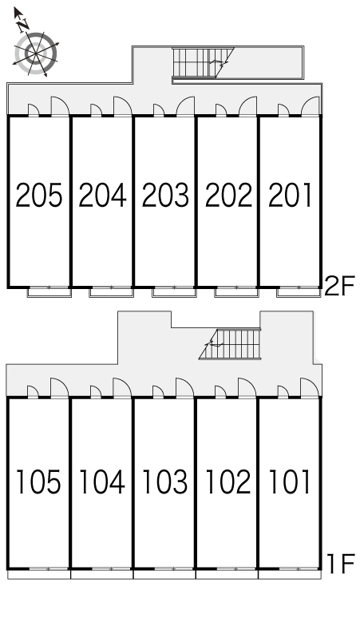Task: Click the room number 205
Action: pyautogui.click(x=39, y=195)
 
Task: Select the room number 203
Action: pyautogui.click(x=165, y=195)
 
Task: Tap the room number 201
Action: pyautogui.click(x=291, y=195)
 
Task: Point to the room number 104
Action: pyautogui.click(x=102, y=481)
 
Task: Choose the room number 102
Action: pyautogui.click(x=228, y=481)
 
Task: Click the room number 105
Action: pyautogui.click(x=38, y=481)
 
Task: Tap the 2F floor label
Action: pyautogui.click(x=339, y=286)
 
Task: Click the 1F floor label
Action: pyautogui.click(x=342, y=564)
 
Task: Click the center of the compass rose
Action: pyautogui.click(x=36, y=53)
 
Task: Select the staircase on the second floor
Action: pyautogui.click(x=204, y=63)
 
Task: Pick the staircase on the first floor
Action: pyautogui.click(x=230, y=344)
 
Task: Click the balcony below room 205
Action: pyautogui.click(x=49, y=292)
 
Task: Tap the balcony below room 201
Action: pyautogui.click(x=299, y=292)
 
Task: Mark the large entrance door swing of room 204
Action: pyautogui.click(x=122, y=106)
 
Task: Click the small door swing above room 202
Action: pyautogui.click(x=220, y=110)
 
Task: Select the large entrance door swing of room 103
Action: pyautogui.click(x=184, y=388)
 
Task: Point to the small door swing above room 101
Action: pyautogui.click(x=283, y=392)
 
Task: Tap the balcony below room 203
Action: pyautogui.click(x=174, y=292)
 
